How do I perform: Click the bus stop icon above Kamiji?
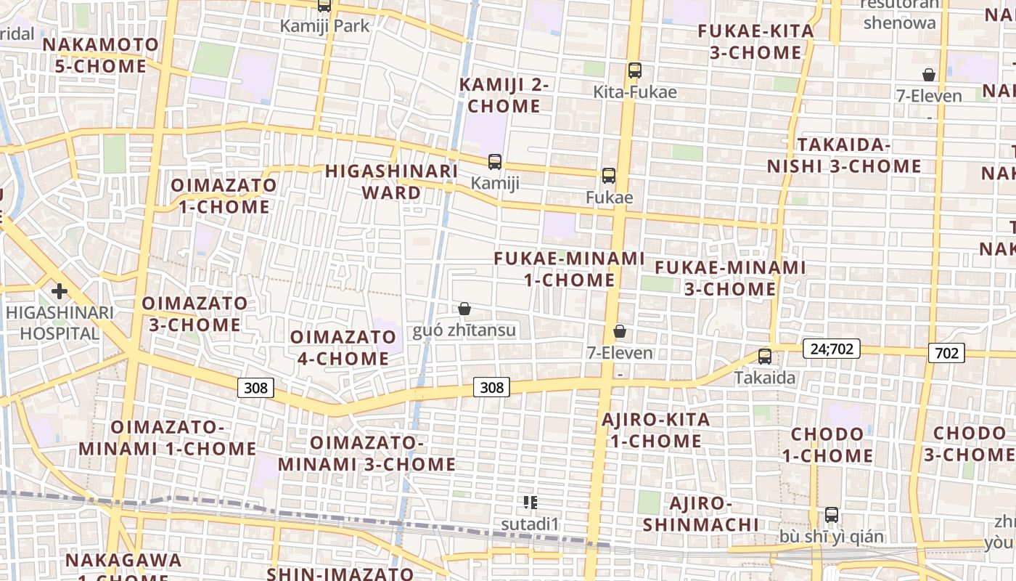pos(495,161)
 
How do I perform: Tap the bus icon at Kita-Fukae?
pos(635,70)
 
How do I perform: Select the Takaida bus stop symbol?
pos(765,356)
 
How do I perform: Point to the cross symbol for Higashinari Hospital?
pos(60,291)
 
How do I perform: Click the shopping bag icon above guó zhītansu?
pos(464,309)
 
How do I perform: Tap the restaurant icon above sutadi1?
pos(530,502)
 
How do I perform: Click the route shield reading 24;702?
pos(832,349)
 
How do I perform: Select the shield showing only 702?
pos(946,354)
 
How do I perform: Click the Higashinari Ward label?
pos(391,182)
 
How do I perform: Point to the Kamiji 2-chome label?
pos(504,95)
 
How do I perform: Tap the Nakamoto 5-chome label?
pos(100,55)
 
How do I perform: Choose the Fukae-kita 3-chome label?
pos(755,41)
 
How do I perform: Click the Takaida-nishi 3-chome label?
pos(844,155)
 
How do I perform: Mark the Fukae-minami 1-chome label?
pos(570,269)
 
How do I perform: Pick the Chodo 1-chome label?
pos(827,445)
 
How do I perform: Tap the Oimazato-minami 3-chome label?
pos(366,453)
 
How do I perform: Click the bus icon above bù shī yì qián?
pos(832,515)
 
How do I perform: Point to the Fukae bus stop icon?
pos(609,176)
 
